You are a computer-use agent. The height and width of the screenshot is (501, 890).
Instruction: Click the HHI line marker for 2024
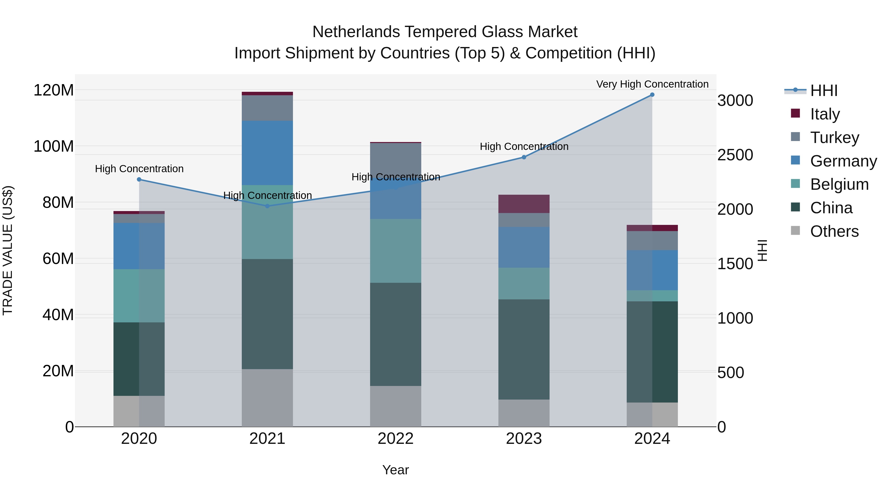652,95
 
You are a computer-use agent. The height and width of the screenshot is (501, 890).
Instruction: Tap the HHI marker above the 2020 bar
139,179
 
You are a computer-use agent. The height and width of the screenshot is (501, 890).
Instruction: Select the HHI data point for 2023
524,157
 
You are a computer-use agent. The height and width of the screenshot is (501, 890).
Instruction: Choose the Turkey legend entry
834,138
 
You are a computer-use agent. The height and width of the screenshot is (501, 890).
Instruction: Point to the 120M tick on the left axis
54,90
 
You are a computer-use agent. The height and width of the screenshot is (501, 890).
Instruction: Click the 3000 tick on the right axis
735,101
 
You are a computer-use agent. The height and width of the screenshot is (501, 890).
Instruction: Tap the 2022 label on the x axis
395,439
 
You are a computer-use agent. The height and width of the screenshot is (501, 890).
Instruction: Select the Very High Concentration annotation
652,84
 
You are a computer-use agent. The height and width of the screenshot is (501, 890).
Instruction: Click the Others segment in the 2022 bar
395,406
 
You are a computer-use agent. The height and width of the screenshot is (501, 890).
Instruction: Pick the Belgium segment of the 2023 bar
524,283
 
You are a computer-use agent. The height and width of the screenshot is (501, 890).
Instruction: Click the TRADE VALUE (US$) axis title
8,250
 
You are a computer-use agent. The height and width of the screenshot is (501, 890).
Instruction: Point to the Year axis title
395,470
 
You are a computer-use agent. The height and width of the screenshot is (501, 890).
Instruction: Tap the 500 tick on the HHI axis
730,373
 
